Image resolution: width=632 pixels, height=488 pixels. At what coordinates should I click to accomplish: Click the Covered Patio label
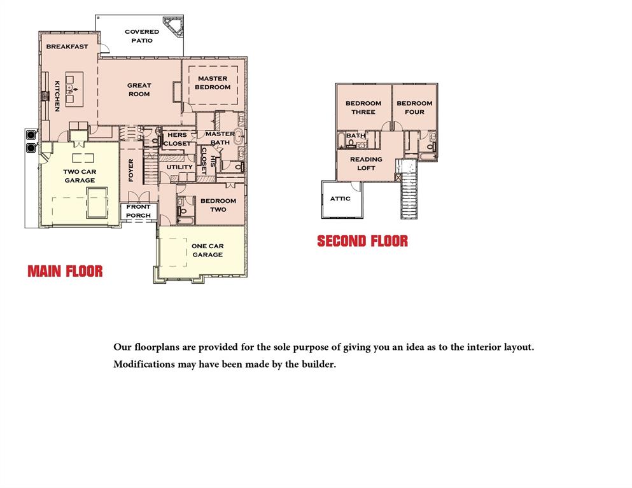pos(142,36)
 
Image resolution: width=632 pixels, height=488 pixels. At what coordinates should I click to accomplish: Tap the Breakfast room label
pos(67,47)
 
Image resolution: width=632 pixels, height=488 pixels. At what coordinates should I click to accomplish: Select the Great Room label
pos(139,90)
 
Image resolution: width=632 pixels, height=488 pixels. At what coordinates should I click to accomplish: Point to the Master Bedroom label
pos(213,83)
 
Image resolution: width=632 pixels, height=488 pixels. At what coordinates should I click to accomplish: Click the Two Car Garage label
pos(80,176)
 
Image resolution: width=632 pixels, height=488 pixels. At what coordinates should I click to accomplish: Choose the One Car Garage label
pos(207,250)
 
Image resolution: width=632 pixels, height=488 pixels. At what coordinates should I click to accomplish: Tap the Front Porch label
pos(138,211)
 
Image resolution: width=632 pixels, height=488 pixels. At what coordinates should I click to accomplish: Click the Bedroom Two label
pos(218,205)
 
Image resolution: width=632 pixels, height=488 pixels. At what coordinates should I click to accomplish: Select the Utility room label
pos(179,167)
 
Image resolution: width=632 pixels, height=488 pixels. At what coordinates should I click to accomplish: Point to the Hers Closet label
pos(177,139)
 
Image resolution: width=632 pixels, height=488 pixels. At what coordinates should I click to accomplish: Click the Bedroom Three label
pos(363,108)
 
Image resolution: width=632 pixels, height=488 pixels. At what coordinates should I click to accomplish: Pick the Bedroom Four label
pos(414,108)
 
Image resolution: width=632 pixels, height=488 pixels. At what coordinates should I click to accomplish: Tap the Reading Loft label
pos(366,164)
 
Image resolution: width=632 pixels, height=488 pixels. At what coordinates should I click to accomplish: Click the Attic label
pos(340,199)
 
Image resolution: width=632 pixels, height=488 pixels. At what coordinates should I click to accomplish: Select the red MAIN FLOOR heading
pos(65,271)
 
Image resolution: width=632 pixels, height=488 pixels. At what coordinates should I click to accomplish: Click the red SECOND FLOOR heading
pos(362,241)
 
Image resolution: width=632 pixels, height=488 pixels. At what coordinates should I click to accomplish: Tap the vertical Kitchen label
pos(57,96)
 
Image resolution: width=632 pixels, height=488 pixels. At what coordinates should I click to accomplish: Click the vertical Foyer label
pos(131,170)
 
